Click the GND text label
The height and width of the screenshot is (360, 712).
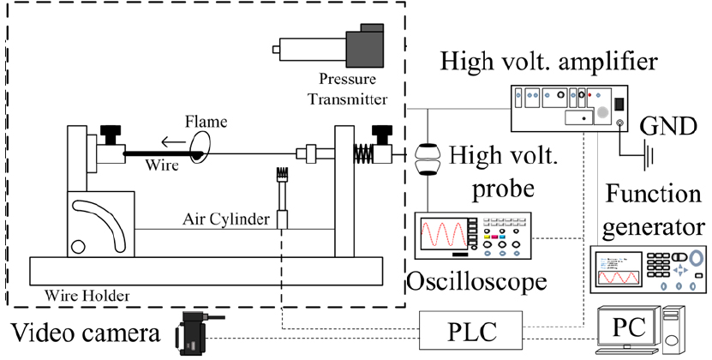668,126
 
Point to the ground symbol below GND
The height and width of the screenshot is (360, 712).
648,156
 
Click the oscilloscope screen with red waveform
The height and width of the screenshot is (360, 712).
444,236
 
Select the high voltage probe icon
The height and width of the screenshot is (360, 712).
428,159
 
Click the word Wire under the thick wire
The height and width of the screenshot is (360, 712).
162,165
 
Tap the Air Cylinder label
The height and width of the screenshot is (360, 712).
225,219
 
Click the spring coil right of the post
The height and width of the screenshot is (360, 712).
362,153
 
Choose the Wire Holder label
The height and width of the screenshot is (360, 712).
87,297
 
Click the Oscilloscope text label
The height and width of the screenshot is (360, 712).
476,281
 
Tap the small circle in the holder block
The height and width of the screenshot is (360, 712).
78,247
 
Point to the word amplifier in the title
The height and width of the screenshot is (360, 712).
607,62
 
